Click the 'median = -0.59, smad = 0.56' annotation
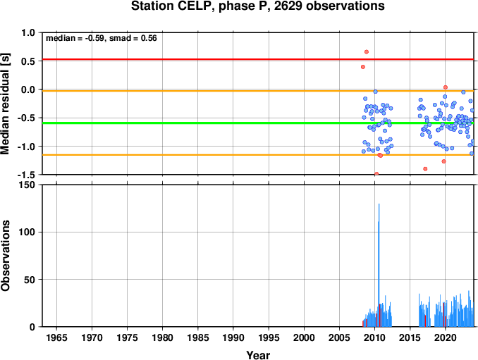coord(102,38)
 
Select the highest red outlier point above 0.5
coord(367,51)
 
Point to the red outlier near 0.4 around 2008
coord(363,67)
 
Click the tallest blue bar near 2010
coord(379,265)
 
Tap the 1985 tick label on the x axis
coord(198,337)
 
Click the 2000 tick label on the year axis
coord(304,337)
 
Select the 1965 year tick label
coord(56,337)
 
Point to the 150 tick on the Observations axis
coord(28,185)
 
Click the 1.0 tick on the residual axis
coord(28,32)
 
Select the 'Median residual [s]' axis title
coord(5,104)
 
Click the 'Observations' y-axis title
coord(5,256)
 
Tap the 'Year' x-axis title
coord(258,355)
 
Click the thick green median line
coord(258,123)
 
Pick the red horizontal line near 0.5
coord(258,59)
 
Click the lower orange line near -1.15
coord(258,155)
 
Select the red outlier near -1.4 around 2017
coord(425,169)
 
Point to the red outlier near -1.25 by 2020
coord(443,161)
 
